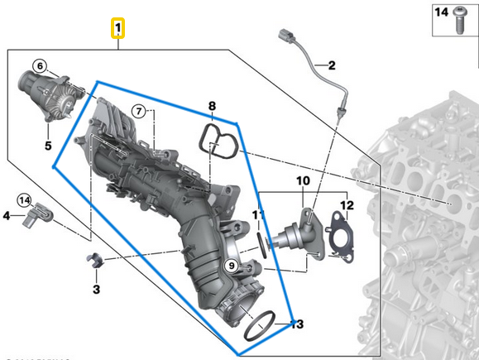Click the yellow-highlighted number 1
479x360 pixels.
point(119,30)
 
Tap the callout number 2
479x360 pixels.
point(331,65)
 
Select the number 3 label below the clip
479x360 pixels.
point(96,289)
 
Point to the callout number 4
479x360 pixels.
point(7,216)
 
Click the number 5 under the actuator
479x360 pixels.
point(47,146)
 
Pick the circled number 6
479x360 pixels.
point(40,66)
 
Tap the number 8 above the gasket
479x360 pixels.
point(212,106)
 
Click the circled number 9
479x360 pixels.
point(232,266)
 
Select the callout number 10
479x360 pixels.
point(302,180)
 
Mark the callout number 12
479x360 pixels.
point(347,204)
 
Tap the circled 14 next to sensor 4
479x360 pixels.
point(25,199)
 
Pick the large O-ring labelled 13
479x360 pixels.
point(262,326)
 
